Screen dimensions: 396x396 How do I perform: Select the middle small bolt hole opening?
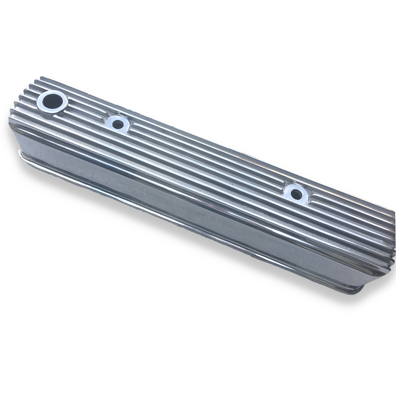coord(117,124)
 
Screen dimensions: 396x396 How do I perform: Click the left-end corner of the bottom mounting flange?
coord(18,152)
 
